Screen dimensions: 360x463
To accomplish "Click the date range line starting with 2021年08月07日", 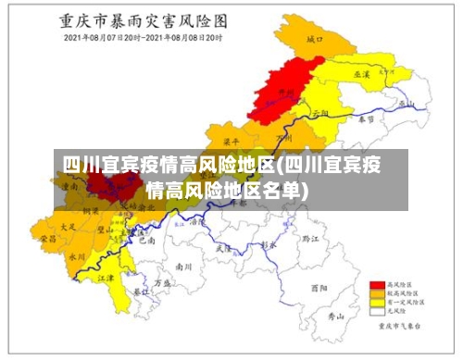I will point(144,39).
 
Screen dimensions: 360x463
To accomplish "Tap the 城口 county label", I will point(314,40).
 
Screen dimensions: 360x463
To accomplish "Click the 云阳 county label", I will point(321,112).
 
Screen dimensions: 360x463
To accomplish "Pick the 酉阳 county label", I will point(319,288).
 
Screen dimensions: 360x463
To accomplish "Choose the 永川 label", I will point(77,256).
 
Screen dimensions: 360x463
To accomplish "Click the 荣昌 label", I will point(47,238).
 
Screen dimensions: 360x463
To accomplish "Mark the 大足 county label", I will point(67,225).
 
